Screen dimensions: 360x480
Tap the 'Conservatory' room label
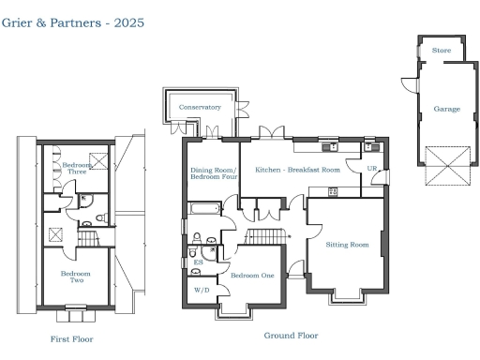[200, 108]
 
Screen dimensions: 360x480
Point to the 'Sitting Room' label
[347, 245]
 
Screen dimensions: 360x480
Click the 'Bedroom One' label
[252, 276]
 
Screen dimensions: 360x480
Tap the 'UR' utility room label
[371, 170]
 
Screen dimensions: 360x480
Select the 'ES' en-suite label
[198, 262]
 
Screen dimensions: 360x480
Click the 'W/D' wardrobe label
[202, 291]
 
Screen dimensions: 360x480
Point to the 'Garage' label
[446, 109]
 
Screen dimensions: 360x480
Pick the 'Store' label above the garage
[440, 52]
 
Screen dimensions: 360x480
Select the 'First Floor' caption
[72, 338]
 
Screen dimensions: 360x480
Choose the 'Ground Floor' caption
[292, 335]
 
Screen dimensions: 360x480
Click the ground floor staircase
[268, 235]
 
